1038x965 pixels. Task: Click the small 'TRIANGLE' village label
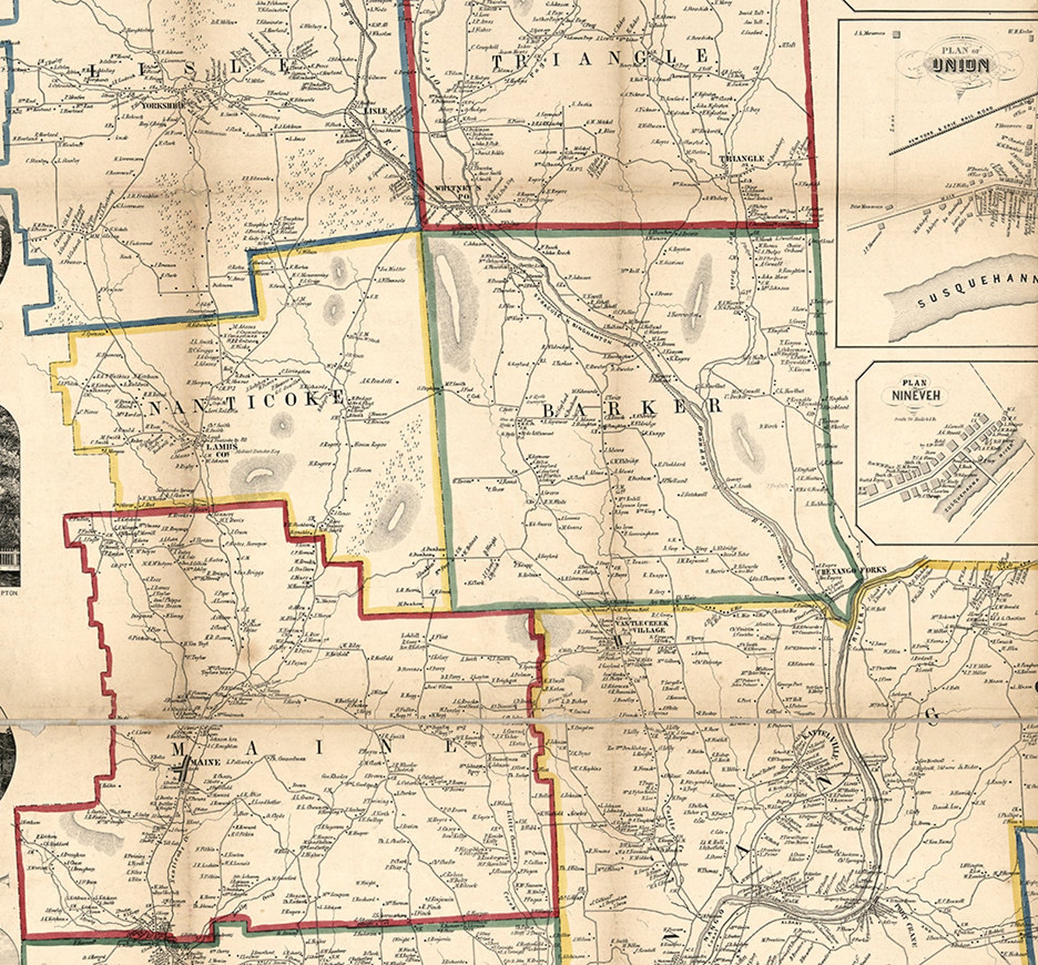[x=741, y=159]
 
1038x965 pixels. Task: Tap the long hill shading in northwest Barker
[x=452, y=301]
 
